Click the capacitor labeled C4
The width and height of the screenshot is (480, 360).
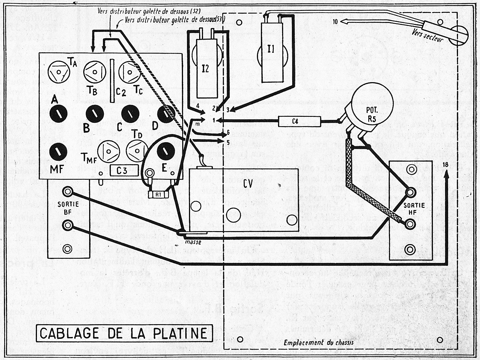click(300, 121)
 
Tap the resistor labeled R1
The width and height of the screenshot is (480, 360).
click(158, 194)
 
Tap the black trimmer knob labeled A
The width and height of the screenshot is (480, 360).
click(58, 114)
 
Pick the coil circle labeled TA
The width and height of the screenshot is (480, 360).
click(58, 72)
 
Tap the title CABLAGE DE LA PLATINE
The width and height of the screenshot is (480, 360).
click(124, 333)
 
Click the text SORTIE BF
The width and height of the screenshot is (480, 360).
click(68, 208)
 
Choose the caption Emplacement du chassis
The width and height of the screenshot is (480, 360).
click(318, 343)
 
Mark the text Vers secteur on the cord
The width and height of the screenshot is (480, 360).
click(428, 36)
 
